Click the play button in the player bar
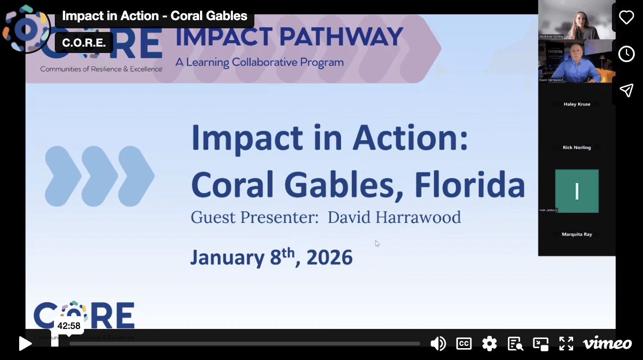coord(25,344)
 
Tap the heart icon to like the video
coord(626,17)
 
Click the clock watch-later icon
coord(626,54)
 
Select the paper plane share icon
coord(626,90)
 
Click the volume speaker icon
coord(438,344)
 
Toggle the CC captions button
coord(464,344)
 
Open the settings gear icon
coord(489,344)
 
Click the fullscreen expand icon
coord(566,344)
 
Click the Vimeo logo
coord(607,344)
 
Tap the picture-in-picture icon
coord(541,344)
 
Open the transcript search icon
coord(515,344)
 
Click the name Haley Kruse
coord(577,104)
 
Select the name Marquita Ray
coord(577,234)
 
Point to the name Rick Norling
coord(577,148)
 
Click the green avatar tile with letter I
coord(577,191)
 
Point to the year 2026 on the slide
coord(330,258)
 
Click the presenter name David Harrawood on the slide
coord(394,217)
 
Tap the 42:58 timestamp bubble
coord(69,326)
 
